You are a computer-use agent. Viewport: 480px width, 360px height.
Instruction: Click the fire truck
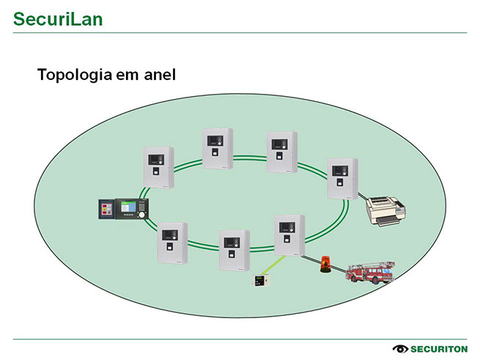[x=371, y=272]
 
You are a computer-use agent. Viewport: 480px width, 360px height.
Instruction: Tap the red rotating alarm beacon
[x=325, y=264]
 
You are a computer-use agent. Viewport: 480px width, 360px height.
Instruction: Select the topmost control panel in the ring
[x=218, y=148]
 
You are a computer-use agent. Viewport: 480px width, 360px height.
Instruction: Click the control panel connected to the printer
[x=341, y=177]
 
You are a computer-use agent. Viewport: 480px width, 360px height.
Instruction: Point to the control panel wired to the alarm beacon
[x=289, y=235]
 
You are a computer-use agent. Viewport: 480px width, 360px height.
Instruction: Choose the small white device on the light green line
[x=260, y=282]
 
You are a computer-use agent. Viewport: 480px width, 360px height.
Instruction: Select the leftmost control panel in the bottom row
[x=172, y=244]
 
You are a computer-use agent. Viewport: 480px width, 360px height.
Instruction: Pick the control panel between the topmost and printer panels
[x=281, y=152]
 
